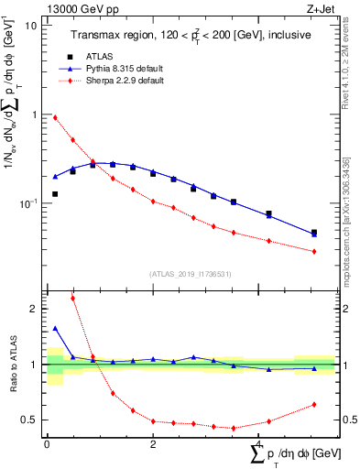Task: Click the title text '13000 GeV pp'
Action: click(x=76, y=8)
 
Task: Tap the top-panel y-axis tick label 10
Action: click(x=31, y=26)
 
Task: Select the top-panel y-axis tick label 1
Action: click(x=34, y=115)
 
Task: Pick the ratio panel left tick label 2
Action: click(x=34, y=309)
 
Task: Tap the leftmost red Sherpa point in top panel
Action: click(x=56, y=117)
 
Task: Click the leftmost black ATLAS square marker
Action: click(x=56, y=194)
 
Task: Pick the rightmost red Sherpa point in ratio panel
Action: click(x=314, y=404)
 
